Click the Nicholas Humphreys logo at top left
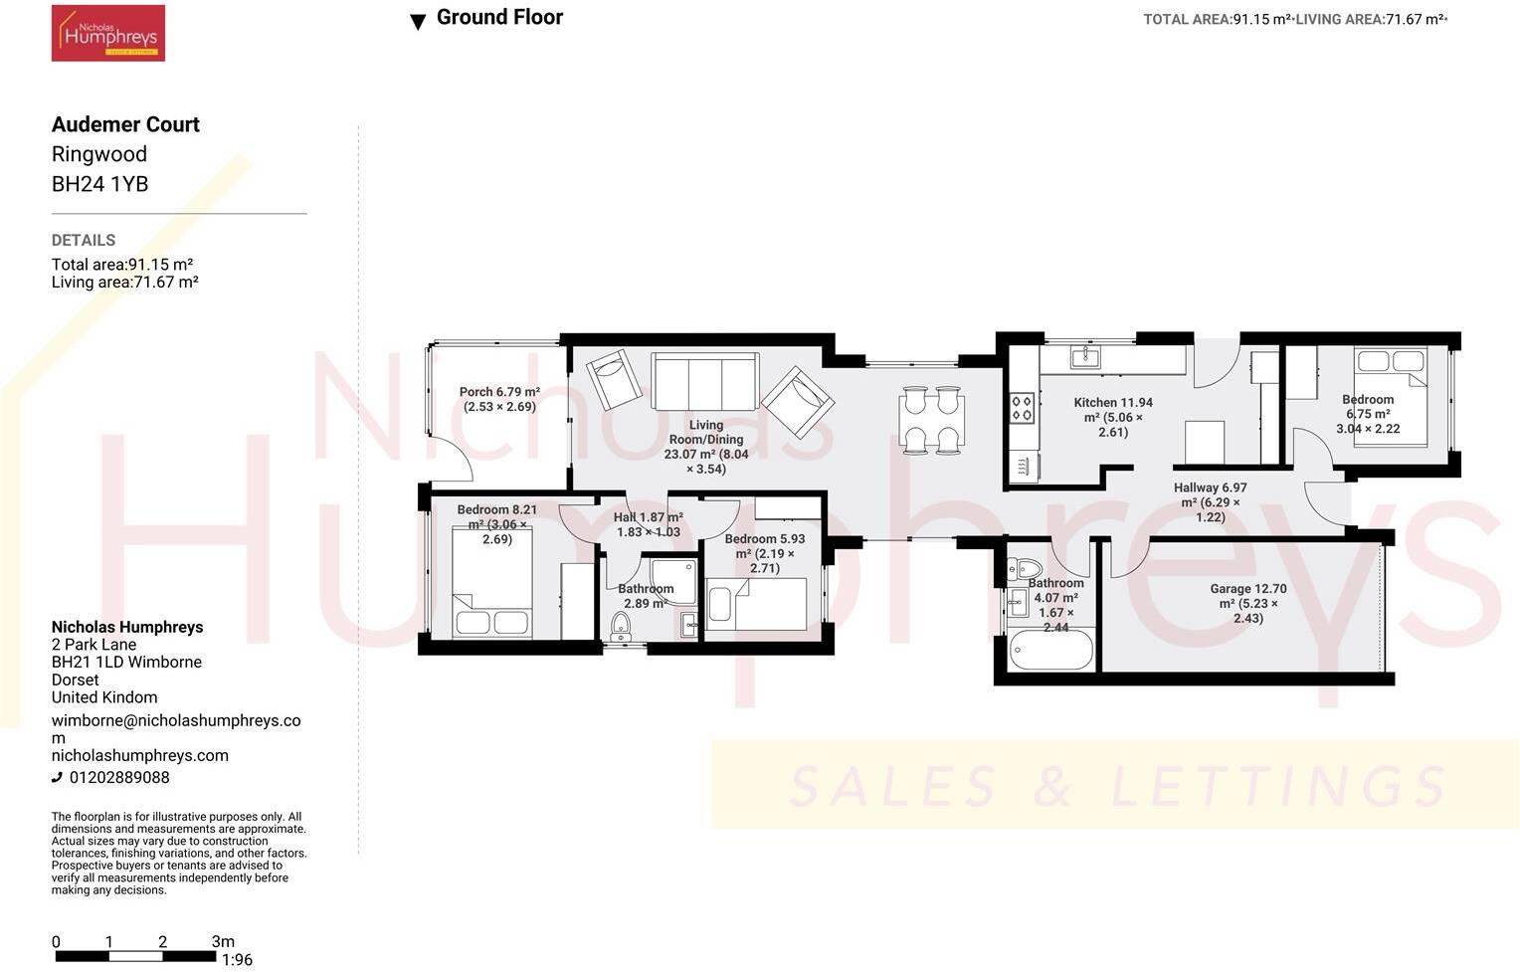pos(107,34)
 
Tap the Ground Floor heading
pos(498,18)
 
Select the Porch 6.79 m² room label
pos(499,399)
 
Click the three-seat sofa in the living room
pos(704,381)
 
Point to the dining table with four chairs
pos(932,420)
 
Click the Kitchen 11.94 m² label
pos(1113,417)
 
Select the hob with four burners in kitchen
pos(1023,408)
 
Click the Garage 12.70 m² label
pos(1248,603)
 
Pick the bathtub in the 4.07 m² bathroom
pos(1050,652)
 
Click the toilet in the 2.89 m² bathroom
pos(621,627)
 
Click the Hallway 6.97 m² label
pos(1210,502)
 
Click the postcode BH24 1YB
pos(99,184)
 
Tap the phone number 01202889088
pos(118,778)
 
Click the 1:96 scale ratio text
pos(237,960)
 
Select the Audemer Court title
pos(125,124)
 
